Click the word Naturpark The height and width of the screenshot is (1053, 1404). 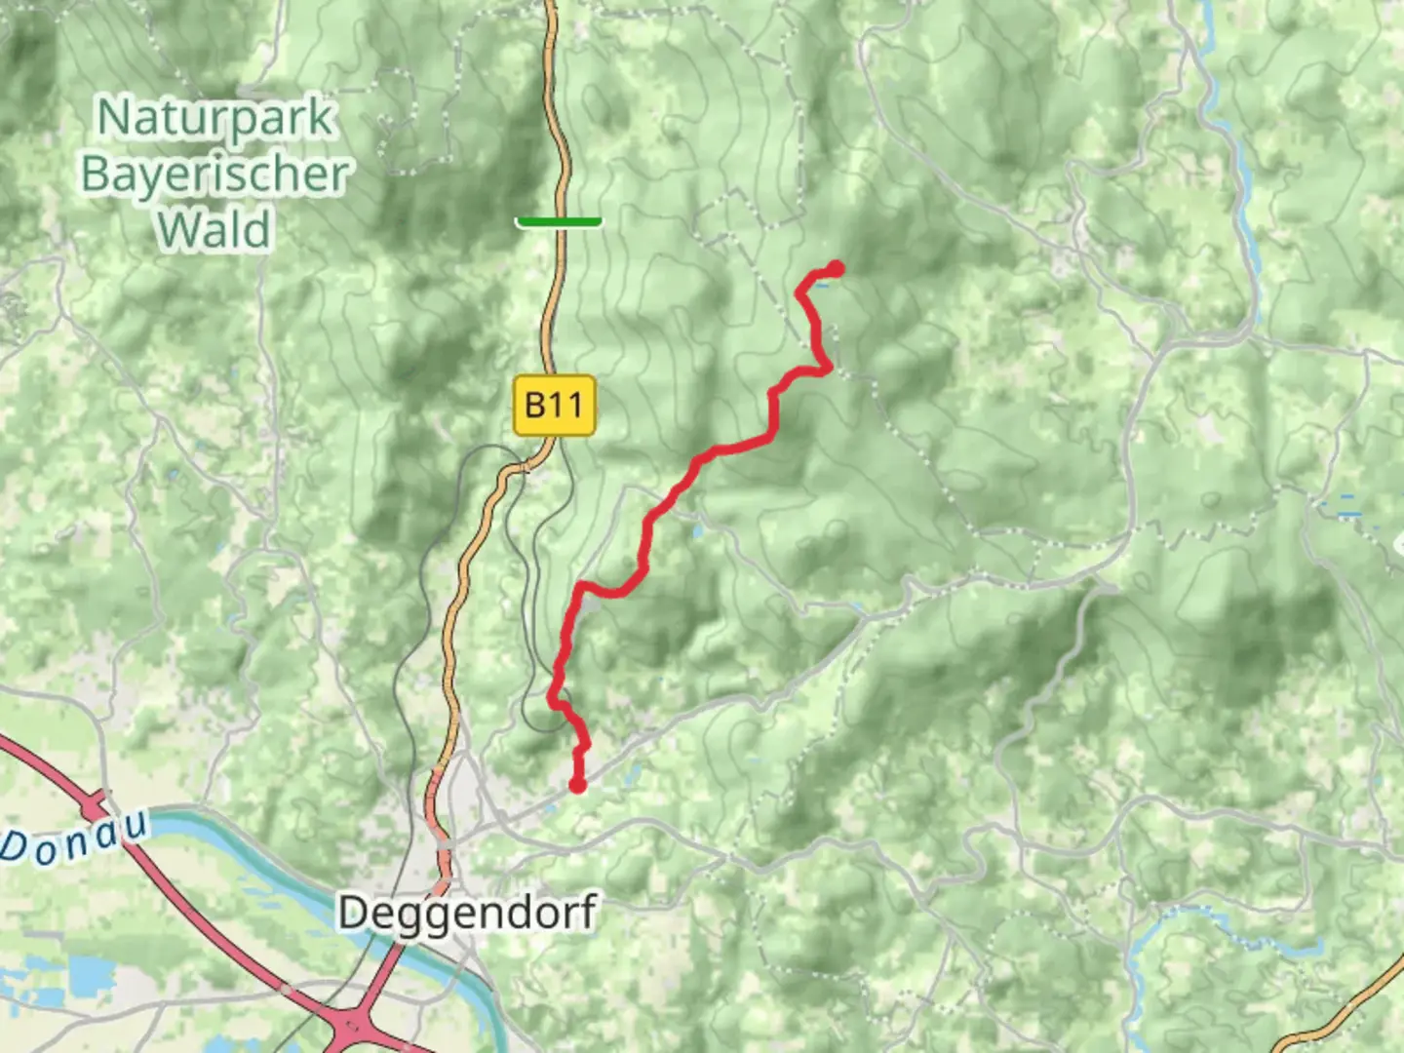(x=216, y=118)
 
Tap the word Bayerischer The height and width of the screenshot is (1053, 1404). (x=214, y=175)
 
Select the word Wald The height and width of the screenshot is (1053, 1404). (x=214, y=230)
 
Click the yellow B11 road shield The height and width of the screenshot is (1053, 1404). (x=554, y=405)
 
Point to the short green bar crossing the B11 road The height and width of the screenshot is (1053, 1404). (x=559, y=222)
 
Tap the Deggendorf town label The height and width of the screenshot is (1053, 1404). (x=467, y=913)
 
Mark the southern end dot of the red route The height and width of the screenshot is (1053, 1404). (x=577, y=785)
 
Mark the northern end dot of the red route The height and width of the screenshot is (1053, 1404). (x=836, y=268)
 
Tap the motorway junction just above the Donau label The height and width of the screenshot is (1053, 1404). (x=96, y=808)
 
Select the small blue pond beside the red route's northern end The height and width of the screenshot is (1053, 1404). (x=824, y=285)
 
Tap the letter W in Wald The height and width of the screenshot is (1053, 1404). (x=177, y=230)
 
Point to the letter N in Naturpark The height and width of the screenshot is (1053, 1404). (x=114, y=118)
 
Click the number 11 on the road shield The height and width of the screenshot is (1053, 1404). (x=571, y=405)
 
